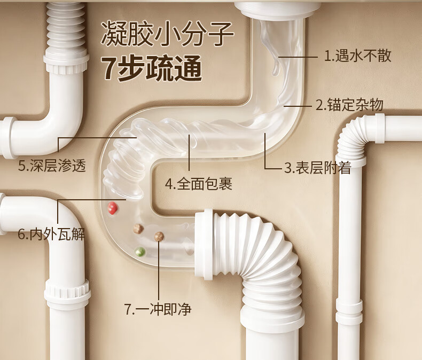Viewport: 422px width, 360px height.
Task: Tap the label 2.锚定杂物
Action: [x=349, y=105]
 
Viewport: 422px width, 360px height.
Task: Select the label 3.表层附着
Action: [x=318, y=168]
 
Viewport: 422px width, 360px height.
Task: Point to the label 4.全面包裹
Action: [x=198, y=184]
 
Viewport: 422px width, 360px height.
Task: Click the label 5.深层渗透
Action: [x=52, y=166]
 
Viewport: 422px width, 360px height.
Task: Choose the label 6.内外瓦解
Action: [x=51, y=234]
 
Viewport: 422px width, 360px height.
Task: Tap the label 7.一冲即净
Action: [x=158, y=309]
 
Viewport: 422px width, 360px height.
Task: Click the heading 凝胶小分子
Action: [x=167, y=35]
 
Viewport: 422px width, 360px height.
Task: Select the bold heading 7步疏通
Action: [x=152, y=69]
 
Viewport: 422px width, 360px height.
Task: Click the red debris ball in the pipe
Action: [x=113, y=208]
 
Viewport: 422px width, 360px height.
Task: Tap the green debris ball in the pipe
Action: [x=140, y=251]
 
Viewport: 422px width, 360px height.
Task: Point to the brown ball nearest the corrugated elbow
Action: [x=159, y=236]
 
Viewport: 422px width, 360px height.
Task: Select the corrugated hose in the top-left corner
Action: [x=67, y=27]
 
